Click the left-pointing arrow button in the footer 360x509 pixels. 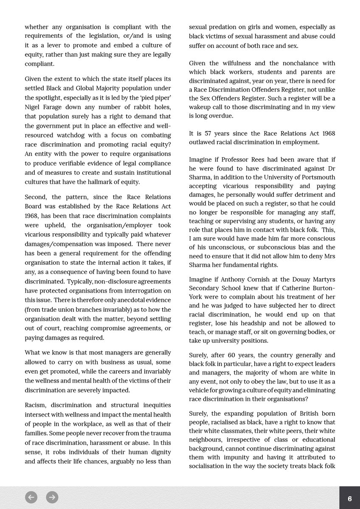(31, 497)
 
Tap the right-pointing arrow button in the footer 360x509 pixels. (52, 497)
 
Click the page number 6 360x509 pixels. (349, 499)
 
